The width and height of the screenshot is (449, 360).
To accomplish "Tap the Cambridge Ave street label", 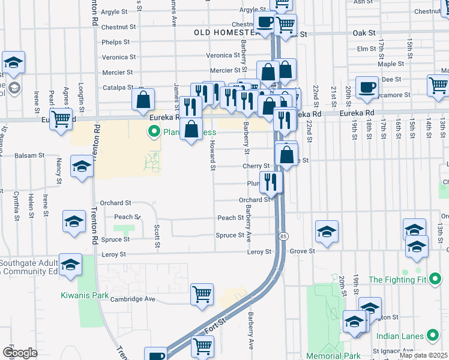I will [x=136, y=299].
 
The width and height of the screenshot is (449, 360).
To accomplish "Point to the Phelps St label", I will [x=116, y=42].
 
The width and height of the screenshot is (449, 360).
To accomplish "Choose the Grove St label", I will [x=303, y=251].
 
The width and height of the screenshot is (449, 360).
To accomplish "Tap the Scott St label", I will [x=157, y=236].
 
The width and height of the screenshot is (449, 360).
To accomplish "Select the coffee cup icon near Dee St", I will [x=366, y=87].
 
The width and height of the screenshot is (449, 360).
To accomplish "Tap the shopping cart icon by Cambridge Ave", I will [x=202, y=294].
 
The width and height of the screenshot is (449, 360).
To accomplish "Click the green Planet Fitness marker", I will [x=154, y=131].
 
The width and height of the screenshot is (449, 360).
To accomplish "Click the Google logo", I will [x=20, y=353].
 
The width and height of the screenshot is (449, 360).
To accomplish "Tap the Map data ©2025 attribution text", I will [x=423, y=355].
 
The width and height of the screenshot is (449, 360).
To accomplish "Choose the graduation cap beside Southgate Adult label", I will [x=70, y=264].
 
